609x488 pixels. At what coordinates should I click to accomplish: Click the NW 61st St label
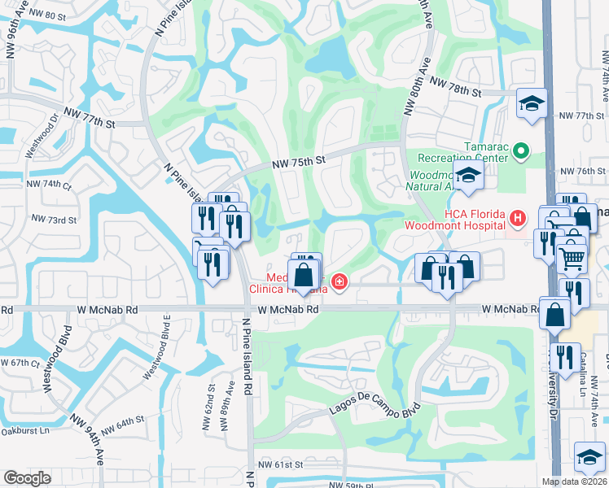280,464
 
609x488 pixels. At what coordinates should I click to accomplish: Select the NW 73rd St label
54,220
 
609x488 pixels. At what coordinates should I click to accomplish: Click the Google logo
27,478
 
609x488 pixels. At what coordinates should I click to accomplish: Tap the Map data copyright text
573,481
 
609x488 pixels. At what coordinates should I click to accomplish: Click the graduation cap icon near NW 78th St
532,102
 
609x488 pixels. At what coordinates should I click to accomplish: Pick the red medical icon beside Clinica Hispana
339,282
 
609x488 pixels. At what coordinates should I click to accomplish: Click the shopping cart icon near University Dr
572,259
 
